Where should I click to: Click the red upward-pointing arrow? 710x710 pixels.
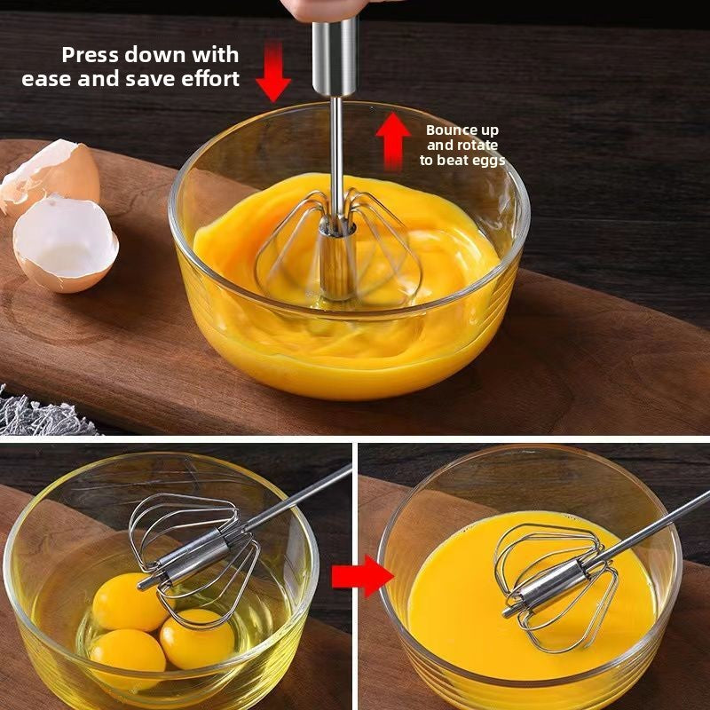391,141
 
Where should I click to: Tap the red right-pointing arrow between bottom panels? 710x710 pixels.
362,578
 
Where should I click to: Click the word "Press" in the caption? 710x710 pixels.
90,55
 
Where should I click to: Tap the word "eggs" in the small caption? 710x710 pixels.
489,161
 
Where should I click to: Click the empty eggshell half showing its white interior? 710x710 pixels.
65,243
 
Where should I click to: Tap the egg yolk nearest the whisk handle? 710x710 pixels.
130,600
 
